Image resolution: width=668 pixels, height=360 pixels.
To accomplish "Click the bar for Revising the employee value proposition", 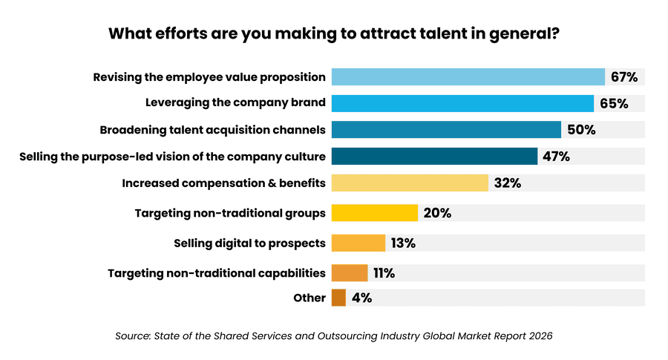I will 468,77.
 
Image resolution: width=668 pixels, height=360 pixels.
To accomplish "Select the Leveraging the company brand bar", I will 462,103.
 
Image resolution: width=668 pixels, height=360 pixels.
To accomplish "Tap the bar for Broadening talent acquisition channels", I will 446,130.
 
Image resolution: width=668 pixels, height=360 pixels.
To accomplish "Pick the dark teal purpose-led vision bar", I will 434,156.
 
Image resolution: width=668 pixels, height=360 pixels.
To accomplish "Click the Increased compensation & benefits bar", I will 410,183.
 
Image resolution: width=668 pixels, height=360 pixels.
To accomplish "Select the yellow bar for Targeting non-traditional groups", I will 375,213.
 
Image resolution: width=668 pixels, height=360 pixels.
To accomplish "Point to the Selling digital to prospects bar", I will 358,243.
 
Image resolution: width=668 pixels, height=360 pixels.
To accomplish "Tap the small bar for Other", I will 338,298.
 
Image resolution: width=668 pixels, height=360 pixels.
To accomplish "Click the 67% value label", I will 624,77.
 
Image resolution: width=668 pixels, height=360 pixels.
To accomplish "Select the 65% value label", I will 614,103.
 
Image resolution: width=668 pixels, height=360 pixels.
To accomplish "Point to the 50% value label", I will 581,130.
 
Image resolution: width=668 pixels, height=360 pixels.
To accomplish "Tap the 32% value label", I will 507,183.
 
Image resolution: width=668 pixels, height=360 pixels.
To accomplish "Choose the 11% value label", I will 384,273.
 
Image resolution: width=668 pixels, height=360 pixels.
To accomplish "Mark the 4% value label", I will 361,298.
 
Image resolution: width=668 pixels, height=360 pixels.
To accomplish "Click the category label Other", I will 310,298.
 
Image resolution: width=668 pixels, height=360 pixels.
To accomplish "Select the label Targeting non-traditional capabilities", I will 217,273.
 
